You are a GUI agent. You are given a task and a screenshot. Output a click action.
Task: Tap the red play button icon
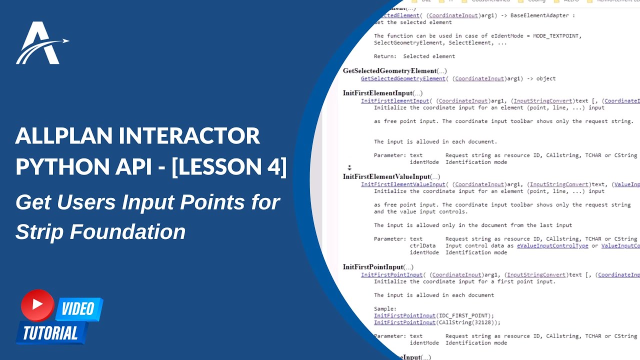[37, 305]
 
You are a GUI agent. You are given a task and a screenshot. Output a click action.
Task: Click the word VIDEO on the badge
[78, 309]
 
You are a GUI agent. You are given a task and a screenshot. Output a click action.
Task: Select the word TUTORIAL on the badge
[50, 333]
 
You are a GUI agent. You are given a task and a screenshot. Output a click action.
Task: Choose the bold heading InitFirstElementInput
[377, 93]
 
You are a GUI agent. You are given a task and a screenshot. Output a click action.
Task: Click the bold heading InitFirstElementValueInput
[386, 176]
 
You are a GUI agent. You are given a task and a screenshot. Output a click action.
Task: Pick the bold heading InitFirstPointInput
[372, 267]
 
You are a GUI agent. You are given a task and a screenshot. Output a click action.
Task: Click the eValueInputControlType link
[552, 245]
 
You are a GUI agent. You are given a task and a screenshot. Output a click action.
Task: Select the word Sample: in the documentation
[385, 309]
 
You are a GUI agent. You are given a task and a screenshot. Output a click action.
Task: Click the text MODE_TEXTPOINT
[556, 36]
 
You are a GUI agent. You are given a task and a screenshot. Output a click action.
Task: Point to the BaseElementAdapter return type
[539, 15]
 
